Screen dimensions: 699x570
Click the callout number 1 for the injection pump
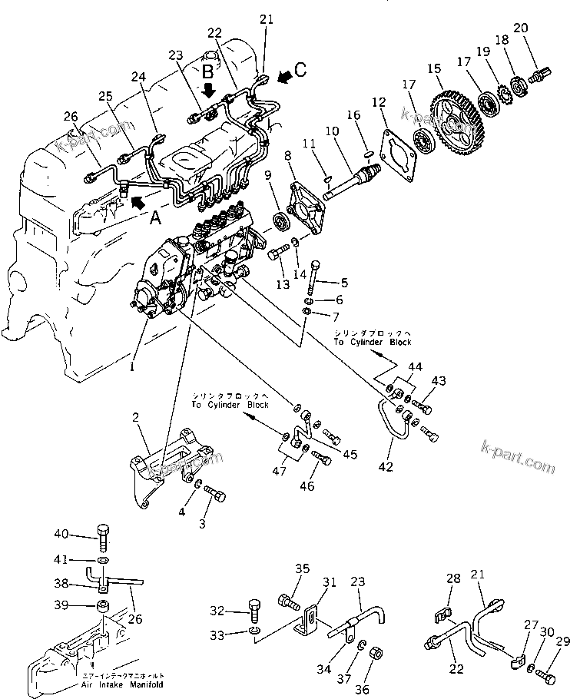(131, 368)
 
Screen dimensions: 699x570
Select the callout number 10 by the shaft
(331, 132)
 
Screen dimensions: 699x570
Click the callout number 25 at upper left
(104, 95)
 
